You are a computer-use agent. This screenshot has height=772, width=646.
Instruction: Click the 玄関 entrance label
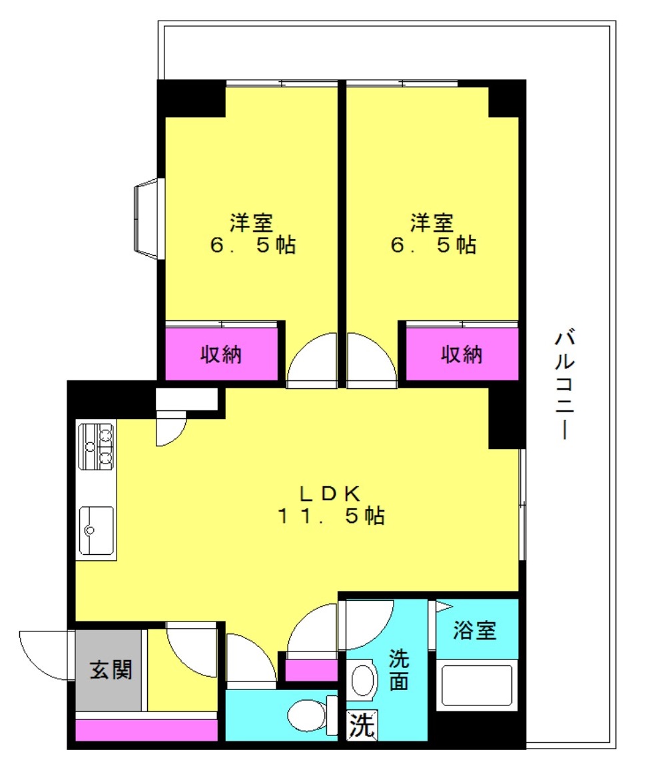tap(111, 670)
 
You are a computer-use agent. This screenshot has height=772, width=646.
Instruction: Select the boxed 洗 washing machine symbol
tap(362, 725)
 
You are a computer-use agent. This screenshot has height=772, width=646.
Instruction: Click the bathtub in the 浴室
tap(477, 687)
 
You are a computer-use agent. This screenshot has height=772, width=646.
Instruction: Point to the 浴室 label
tap(474, 630)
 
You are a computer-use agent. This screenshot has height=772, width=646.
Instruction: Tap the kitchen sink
tap(97, 530)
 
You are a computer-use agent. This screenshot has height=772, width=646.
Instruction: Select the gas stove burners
tap(97, 446)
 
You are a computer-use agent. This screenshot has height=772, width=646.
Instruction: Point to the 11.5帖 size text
tap(331, 516)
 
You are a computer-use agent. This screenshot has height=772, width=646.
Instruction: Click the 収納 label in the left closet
tap(220, 354)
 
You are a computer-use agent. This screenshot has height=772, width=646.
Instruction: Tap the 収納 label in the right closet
tap(462, 354)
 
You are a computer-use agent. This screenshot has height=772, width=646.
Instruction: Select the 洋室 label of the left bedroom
tap(251, 223)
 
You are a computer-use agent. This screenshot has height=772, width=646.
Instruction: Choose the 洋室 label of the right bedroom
tap(432, 223)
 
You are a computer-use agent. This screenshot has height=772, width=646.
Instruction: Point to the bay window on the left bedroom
tap(149, 218)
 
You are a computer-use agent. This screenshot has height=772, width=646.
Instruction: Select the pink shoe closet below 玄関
tap(147, 729)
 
